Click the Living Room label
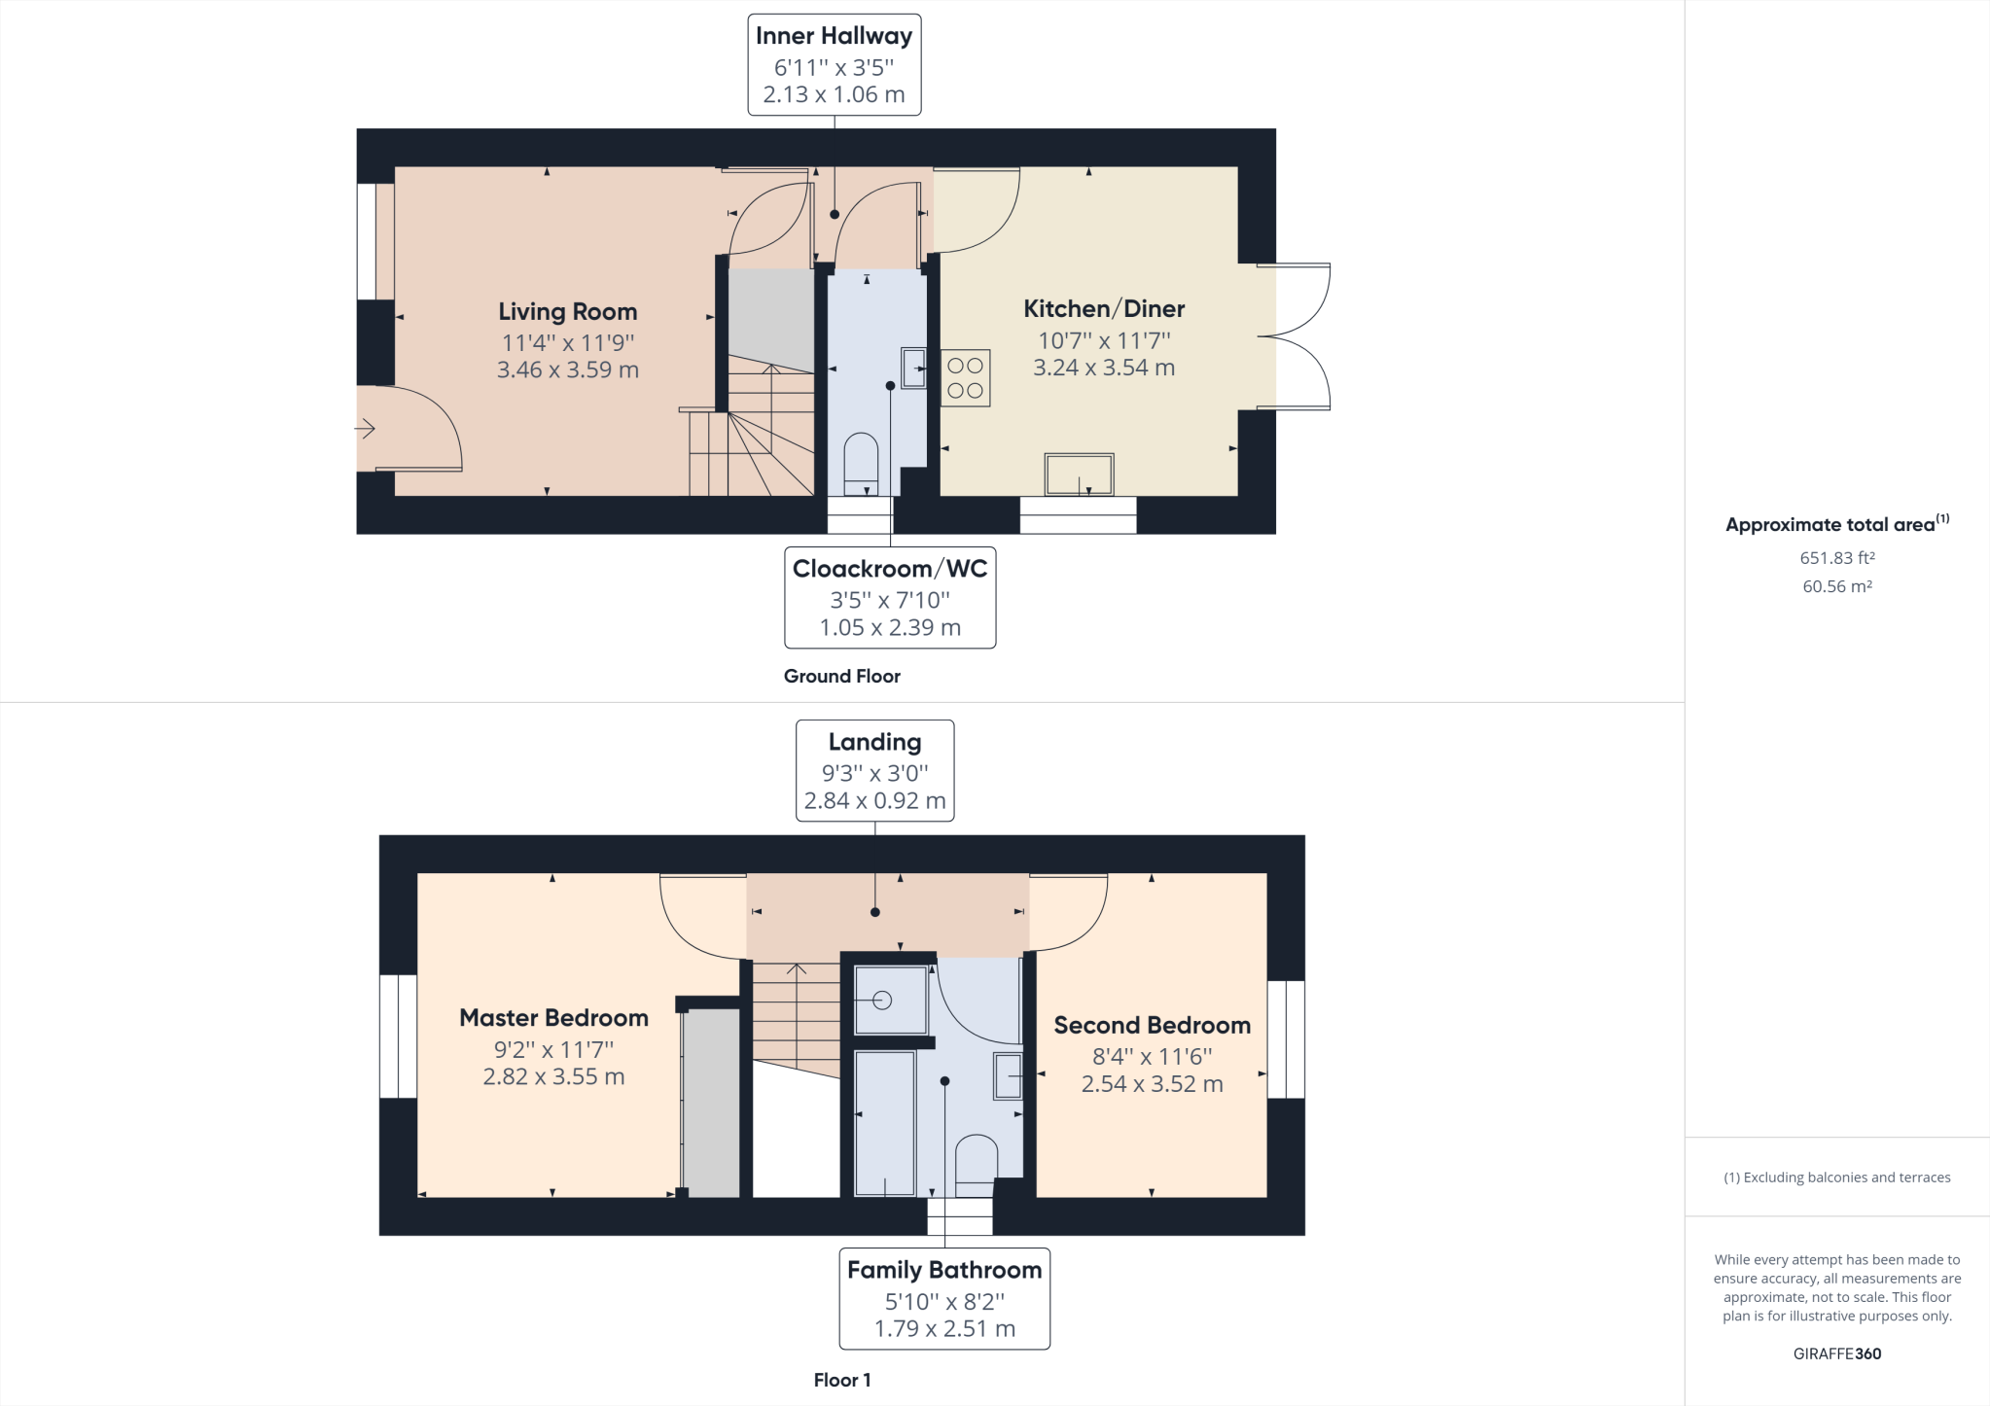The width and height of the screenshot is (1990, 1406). (567, 311)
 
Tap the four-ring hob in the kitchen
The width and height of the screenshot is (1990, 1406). (965, 377)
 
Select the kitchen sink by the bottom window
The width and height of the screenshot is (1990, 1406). (1079, 475)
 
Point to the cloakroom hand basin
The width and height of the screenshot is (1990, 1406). (913, 369)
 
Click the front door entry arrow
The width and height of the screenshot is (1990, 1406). (366, 428)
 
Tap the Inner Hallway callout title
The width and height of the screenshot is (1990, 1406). (834, 36)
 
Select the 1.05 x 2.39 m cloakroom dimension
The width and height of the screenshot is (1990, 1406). (890, 627)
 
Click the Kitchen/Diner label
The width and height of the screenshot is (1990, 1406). (1104, 308)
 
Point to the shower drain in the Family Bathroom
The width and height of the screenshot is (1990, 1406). (882, 1000)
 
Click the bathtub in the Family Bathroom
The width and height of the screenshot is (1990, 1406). (884, 1122)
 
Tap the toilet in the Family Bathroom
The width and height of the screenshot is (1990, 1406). (976, 1164)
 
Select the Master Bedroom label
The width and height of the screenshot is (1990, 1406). (553, 1017)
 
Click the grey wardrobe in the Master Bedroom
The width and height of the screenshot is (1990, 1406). (711, 1103)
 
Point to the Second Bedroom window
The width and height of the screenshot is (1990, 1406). (1286, 1039)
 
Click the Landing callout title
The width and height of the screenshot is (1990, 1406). (874, 742)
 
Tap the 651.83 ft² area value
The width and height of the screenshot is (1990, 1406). (1836, 558)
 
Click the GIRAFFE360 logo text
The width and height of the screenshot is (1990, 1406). (1836, 1353)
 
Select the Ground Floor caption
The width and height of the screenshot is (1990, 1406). (841, 676)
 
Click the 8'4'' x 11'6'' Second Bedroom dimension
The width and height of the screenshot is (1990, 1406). (1152, 1056)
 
